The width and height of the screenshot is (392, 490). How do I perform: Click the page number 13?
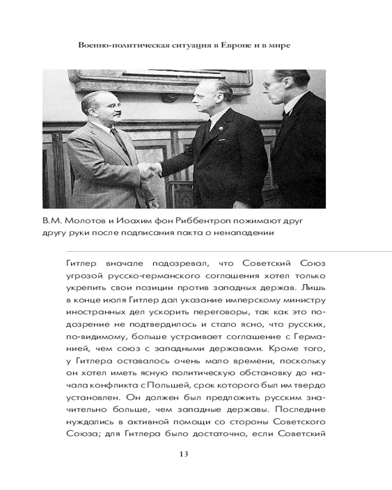pyautogui.click(x=184, y=453)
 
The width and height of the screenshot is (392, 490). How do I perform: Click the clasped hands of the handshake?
pyautogui.click(x=150, y=170)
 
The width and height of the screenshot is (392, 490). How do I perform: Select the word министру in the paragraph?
pyautogui.click(x=305, y=298)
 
